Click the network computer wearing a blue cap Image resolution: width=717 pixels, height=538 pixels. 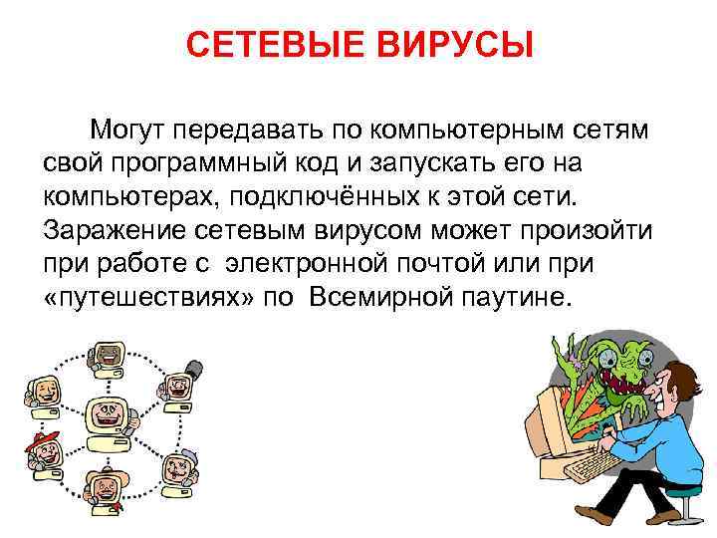pyautogui.click(x=178, y=464)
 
